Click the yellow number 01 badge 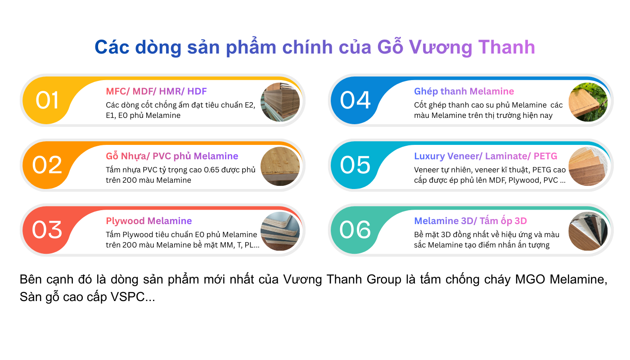[47, 100]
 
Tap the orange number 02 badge [47, 165]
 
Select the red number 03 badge [47, 229]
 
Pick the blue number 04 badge [355, 100]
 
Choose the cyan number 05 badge [355, 165]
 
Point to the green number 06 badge [355, 229]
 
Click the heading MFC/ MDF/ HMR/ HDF [156, 91]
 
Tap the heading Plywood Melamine [149, 221]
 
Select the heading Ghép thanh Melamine [464, 91]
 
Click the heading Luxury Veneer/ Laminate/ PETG [486, 156]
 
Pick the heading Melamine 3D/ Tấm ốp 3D [470, 221]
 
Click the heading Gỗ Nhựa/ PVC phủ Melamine [172, 156]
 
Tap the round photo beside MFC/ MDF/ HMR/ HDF [280, 102]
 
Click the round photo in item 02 [280, 166]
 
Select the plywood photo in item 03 [280, 231]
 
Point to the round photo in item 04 [588, 102]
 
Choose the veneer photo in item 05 [588, 166]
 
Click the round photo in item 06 [588, 231]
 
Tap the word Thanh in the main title [506, 47]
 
